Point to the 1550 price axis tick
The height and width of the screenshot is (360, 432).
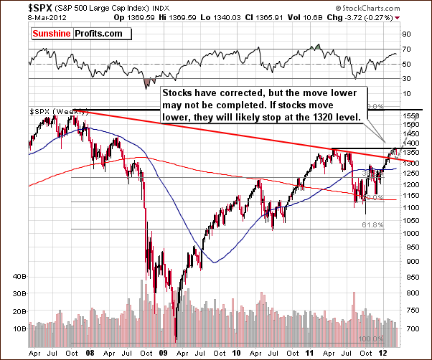pyautogui.click(x=411, y=115)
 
